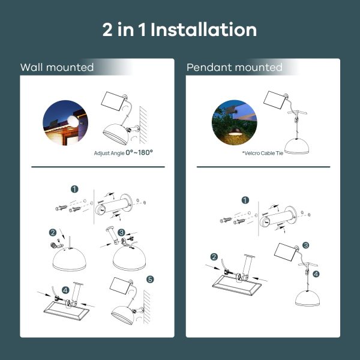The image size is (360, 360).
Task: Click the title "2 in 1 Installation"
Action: coord(179,29)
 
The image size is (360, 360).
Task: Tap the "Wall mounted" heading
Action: coord(57,67)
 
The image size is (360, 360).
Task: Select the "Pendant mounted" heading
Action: coord(235,67)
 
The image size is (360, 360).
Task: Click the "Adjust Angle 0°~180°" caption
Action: coord(123,152)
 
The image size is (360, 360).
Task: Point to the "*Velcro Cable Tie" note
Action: coord(263,153)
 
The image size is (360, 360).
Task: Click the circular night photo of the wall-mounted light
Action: coord(65,122)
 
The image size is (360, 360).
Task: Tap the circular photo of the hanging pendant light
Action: coord(235,122)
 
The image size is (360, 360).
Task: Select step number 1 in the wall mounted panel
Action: coord(74,189)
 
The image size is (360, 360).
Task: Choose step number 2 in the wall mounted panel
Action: coord(53,233)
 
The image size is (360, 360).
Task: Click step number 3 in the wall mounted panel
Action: coord(121,232)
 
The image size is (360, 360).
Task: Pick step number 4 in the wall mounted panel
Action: coord(65,290)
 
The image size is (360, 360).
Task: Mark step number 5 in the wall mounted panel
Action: coord(150,280)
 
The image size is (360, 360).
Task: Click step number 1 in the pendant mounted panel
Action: coord(245,200)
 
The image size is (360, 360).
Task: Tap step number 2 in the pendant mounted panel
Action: coord(214,257)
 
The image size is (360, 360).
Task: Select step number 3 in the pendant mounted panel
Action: coord(305,245)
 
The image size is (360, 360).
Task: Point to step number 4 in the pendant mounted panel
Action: coord(316,274)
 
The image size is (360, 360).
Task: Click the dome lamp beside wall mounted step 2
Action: coord(70,259)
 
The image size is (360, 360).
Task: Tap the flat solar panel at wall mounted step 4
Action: coord(66,310)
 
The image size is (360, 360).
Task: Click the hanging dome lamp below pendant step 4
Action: coord(307,298)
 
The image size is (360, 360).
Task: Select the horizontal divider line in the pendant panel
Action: coord(263,167)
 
